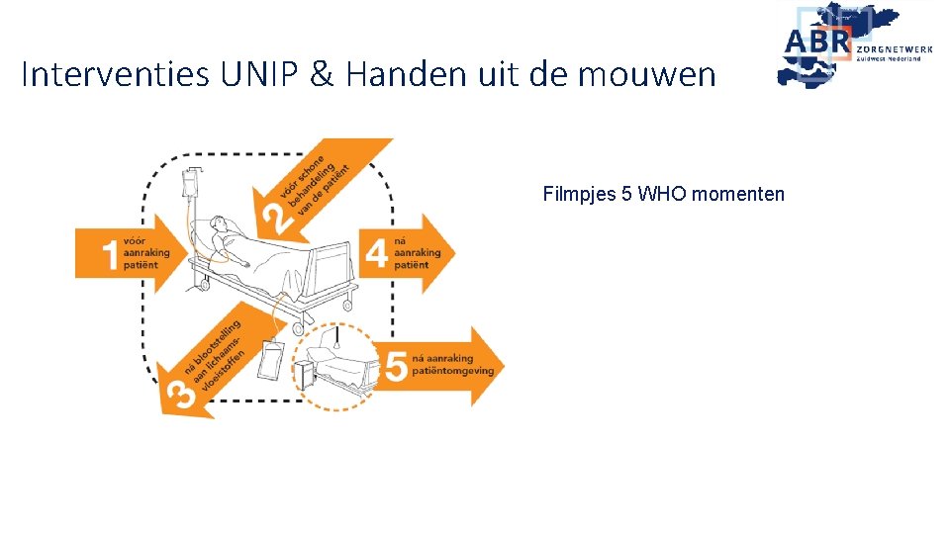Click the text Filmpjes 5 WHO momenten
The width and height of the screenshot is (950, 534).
pyautogui.click(x=663, y=194)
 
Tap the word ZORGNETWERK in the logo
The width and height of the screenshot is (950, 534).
pyautogui.click(x=896, y=46)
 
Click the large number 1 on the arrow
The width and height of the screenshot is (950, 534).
pyautogui.click(x=110, y=255)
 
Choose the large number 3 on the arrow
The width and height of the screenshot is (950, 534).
pyautogui.click(x=180, y=393)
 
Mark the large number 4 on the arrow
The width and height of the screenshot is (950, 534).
pyautogui.click(x=376, y=254)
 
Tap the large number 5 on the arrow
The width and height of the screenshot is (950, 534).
pyautogui.click(x=395, y=367)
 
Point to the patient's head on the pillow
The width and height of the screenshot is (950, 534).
pyautogui.click(x=220, y=226)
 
